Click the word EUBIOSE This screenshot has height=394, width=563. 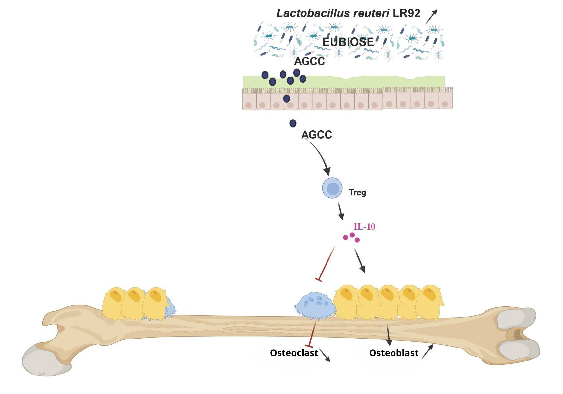pyautogui.click(x=348, y=42)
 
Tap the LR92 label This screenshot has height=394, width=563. pyautogui.click(x=406, y=13)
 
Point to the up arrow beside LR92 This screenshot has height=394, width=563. pyautogui.click(x=431, y=16)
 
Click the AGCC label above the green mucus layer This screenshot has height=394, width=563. pyautogui.click(x=309, y=61)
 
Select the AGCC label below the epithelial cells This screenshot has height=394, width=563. pyautogui.click(x=316, y=135)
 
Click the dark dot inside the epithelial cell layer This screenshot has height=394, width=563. pyautogui.click(x=287, y=98)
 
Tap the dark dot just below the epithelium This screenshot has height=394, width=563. pyautogui.click(x=293, y=123)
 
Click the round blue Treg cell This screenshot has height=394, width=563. pyautogui.click(x=332, y=188)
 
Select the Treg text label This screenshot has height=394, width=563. pyautogui.click(x=357, y=192)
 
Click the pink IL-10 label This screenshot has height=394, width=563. pyautogui.click(x=364, y=227)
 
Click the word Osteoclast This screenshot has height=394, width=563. pyautogui.click(x=294, y=353)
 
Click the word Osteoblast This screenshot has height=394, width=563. pyautogui.click(x=394, y=353)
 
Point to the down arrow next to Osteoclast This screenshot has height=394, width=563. pyautogui.click(x=325, y=355)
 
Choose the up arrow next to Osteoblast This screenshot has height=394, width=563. pyautogui.click(x=427, y=351)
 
